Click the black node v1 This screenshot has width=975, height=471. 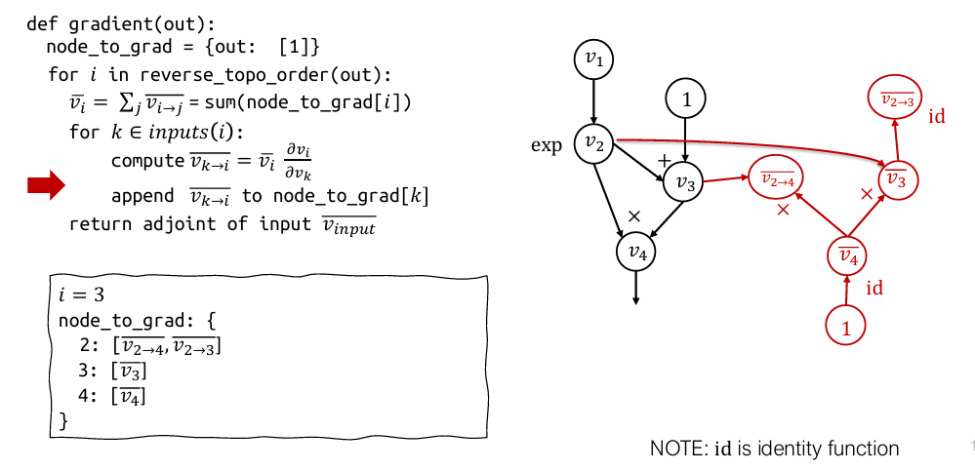(x=593, y=60)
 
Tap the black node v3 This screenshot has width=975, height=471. (x=684, y=182)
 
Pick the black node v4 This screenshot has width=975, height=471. (x=636, y=253)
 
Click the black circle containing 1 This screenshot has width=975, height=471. (x=686, y=98)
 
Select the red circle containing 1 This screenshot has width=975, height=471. (x=846, y=328)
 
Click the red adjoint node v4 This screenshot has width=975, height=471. (x=847, y=257)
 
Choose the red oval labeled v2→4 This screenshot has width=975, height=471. (x=777, y=178)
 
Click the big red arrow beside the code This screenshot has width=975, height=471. (x=45, y=185)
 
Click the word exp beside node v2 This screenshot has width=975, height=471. (x=547, y=145)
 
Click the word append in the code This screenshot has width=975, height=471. (x=142, y=197)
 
